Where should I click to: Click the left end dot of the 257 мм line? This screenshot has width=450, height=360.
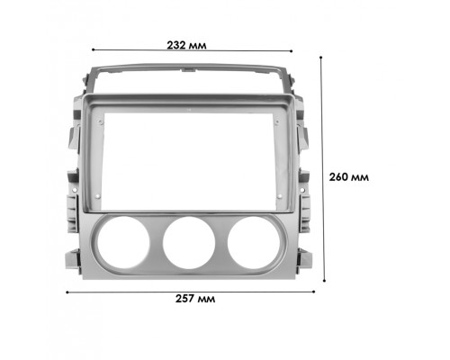tap(67, 291)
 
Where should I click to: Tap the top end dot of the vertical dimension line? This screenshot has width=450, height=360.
tap(322, 56)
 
